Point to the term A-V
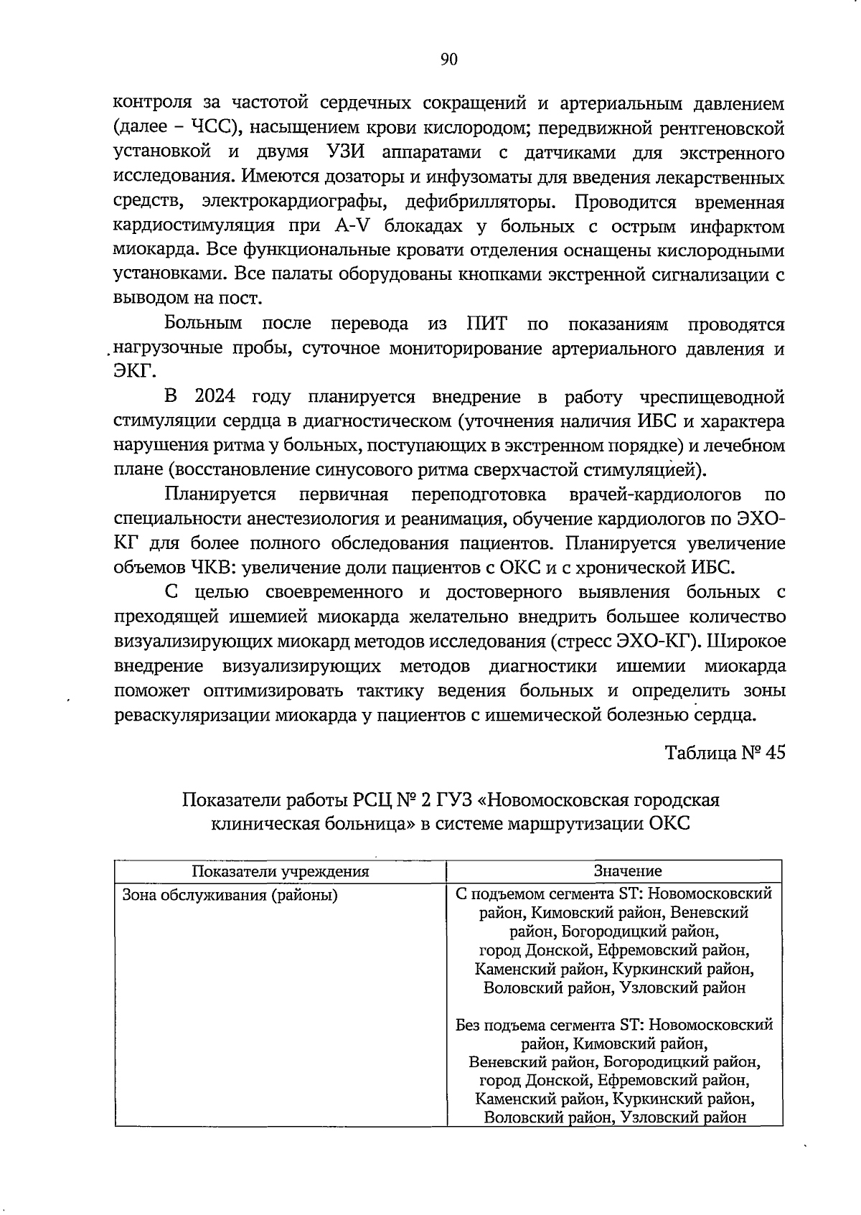point(354,227)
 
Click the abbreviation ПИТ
point(487,324)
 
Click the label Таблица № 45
point(725,753)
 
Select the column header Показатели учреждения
point(280,871)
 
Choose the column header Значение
point(627,871)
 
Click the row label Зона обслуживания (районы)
point(230,895)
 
